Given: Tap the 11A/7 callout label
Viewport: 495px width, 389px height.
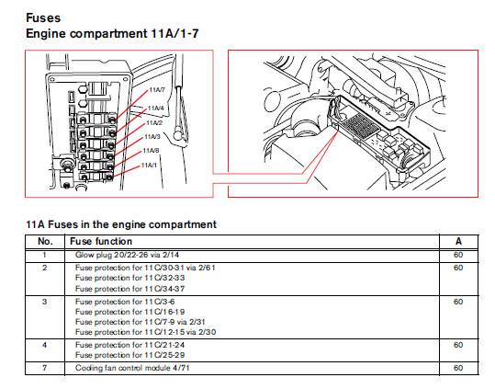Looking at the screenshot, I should [x=155, y=89].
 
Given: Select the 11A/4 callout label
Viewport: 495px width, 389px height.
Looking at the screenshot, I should [x=154, y=108].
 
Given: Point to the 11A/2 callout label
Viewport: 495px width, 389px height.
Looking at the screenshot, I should [x=153, y=121].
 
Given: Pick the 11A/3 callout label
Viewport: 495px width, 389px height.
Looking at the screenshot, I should [x=152, y=136].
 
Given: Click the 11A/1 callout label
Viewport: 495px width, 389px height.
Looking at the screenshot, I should [x=150, y=165].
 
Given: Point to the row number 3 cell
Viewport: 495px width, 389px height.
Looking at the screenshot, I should [x=44, y=301].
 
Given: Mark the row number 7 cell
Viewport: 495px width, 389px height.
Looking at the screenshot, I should [x=44, y=367].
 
